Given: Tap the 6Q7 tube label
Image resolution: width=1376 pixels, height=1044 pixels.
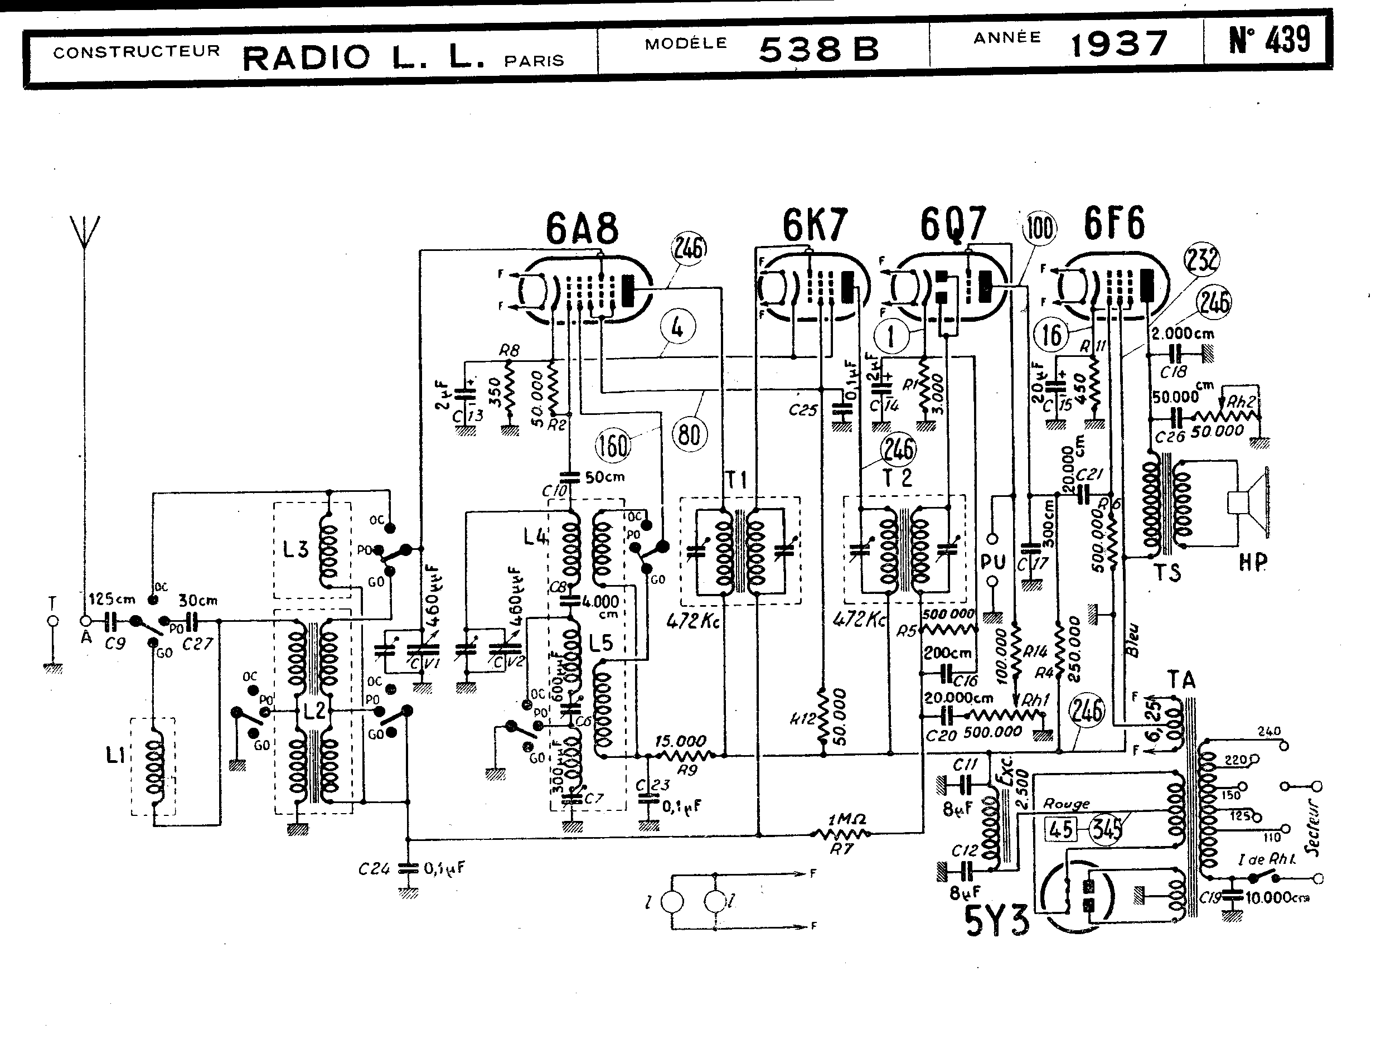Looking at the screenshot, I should [953, 224].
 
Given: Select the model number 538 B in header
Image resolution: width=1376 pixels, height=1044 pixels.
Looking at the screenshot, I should [818, 49].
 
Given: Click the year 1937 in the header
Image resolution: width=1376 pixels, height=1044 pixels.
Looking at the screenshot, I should [1118, 44].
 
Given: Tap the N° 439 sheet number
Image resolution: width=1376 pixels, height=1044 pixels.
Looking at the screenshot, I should [1269, 40].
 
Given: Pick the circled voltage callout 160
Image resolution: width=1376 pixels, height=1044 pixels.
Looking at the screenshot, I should [613, 446].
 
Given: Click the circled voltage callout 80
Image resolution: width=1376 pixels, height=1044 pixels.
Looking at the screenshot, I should [689, 434].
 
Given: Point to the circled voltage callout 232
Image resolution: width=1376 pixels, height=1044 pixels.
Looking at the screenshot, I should [1201, 259].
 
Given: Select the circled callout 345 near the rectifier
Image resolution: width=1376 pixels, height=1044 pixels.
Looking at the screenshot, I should [1107, 830].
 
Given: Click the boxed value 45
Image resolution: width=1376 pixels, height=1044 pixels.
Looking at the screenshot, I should [1061, 830].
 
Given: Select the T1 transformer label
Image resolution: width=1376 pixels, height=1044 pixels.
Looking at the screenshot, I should [736, 480].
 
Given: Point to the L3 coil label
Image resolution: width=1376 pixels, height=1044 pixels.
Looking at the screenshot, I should [295, 550].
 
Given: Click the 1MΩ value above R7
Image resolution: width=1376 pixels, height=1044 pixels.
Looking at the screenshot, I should [844, 819].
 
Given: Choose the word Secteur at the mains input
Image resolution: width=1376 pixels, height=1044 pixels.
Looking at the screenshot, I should [1312, 828].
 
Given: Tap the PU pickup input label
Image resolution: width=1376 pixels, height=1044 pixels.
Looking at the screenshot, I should [993, 562].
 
